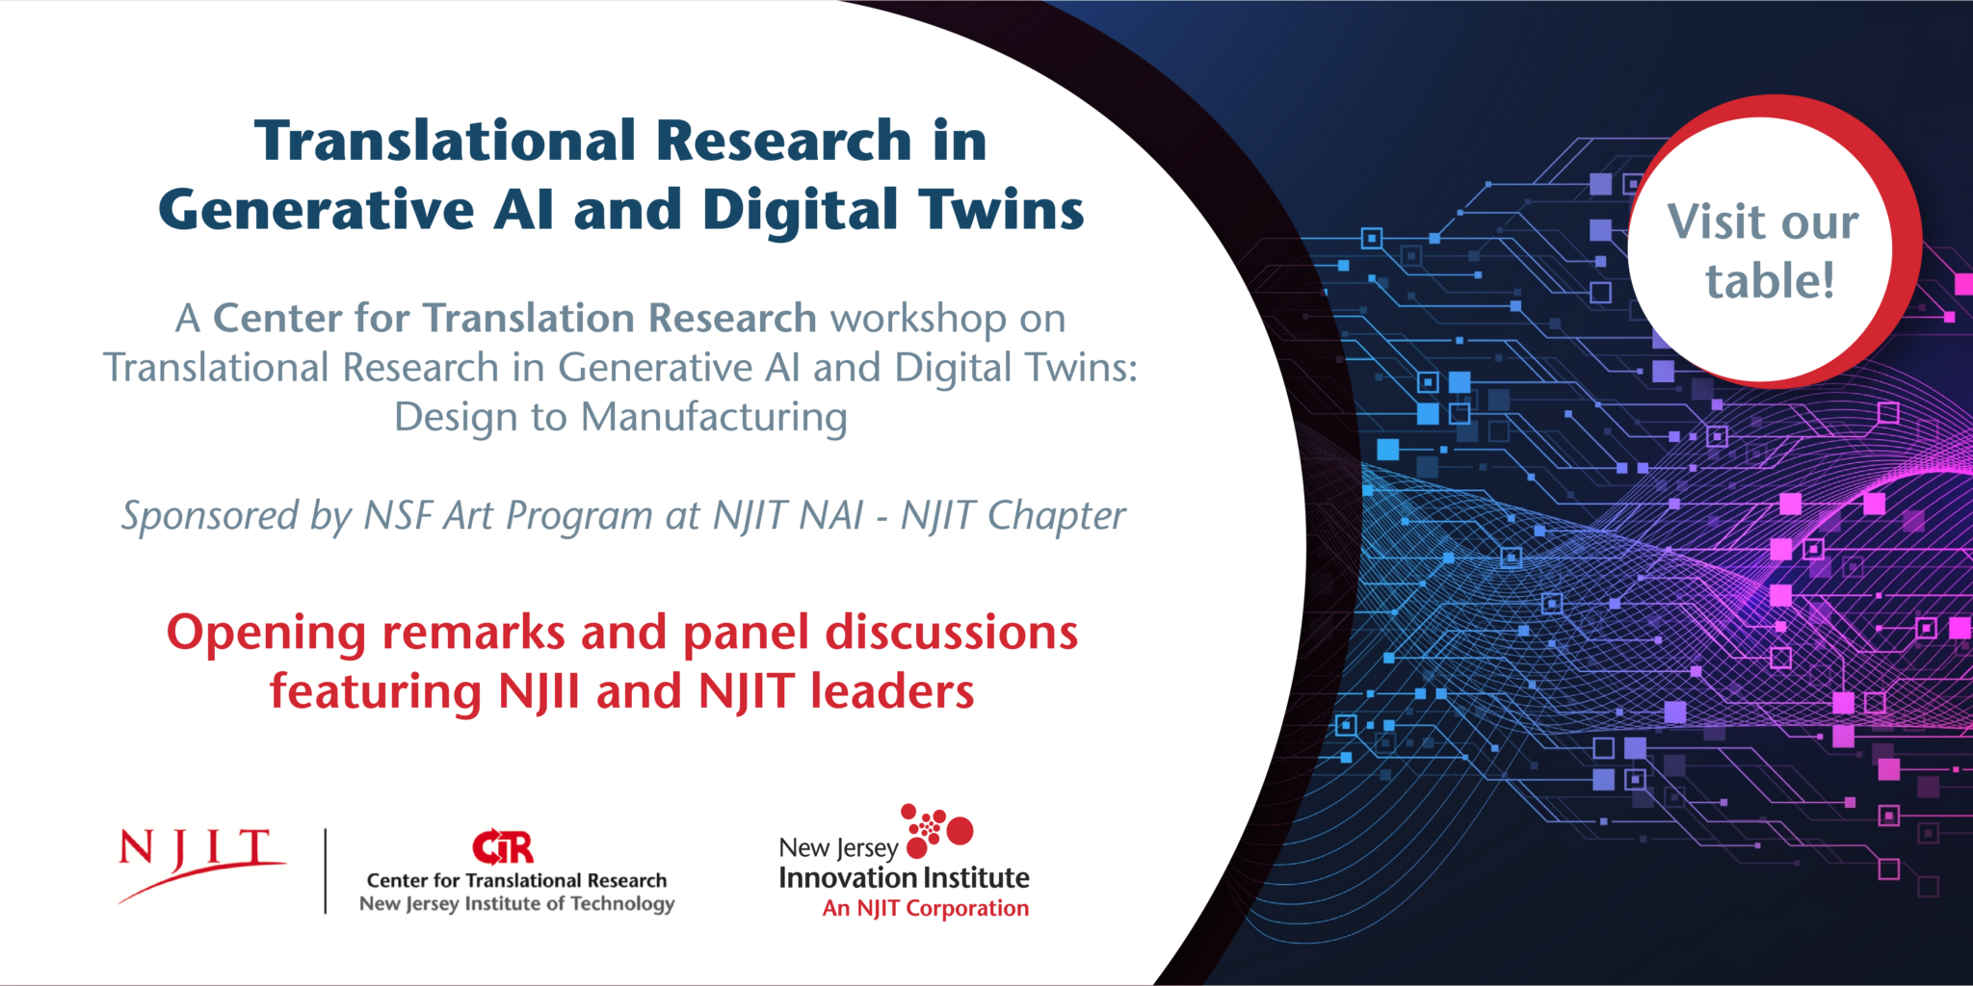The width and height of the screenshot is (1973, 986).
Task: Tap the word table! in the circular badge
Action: [1770, 281]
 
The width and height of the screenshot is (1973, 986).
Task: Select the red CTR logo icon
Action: [502, 847]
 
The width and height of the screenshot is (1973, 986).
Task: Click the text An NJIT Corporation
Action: [926, 908]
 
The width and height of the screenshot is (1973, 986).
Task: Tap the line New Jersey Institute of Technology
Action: [516, 904]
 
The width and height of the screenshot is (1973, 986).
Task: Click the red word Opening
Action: [267, 634]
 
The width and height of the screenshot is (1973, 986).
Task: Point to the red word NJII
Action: [539, 692]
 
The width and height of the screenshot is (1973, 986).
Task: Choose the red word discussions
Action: [952, 633]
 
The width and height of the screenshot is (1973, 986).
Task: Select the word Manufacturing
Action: [714, 417]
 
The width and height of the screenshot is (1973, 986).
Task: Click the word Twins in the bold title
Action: [1001, 209]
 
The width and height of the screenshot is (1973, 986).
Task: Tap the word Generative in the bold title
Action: [317, 209]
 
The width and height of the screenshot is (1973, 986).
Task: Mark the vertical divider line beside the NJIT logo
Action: [326, 870]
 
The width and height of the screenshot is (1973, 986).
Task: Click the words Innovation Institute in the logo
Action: [904, 878]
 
